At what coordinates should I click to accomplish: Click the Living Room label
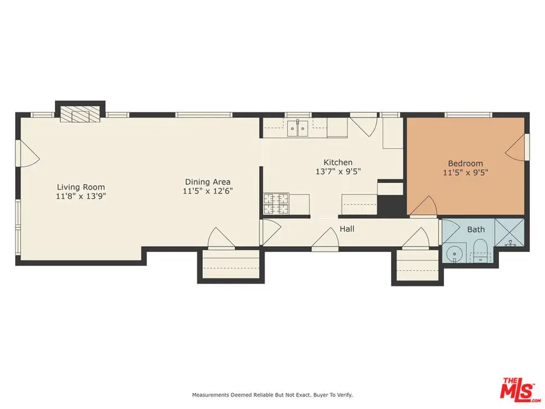[81, 187]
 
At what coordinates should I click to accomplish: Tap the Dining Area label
[208, 182]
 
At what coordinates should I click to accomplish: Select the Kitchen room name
[338, 162]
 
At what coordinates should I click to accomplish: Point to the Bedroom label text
[465, 163]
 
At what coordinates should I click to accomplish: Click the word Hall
[347, 229]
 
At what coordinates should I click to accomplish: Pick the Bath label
[476, 230]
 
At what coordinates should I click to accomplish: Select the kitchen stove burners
[277, 204]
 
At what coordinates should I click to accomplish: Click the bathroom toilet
[480, 251]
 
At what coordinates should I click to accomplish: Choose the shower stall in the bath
[512, 234]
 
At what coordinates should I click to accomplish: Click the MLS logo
[520, 390]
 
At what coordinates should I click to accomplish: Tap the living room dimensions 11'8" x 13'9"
[81, 196]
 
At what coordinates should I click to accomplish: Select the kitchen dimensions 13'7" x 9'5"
[338, 171]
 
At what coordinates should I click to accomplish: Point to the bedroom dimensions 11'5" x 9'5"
[465, 173]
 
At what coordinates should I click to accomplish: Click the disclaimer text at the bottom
[272, 395]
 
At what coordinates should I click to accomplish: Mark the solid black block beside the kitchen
[391, 205]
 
